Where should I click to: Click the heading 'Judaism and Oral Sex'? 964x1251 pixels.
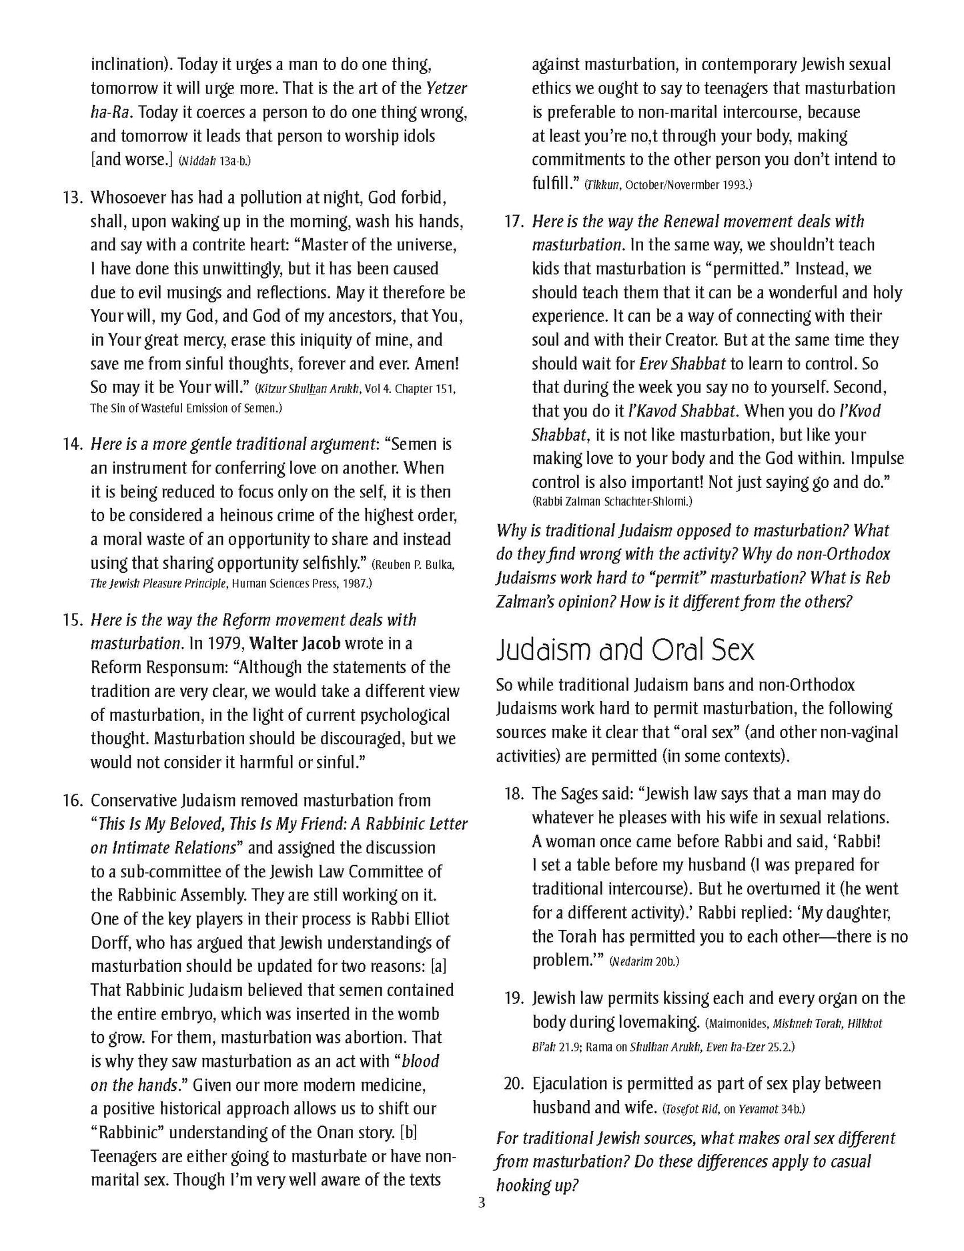click(625, 650)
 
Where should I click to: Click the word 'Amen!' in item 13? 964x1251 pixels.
click(436, 364)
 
